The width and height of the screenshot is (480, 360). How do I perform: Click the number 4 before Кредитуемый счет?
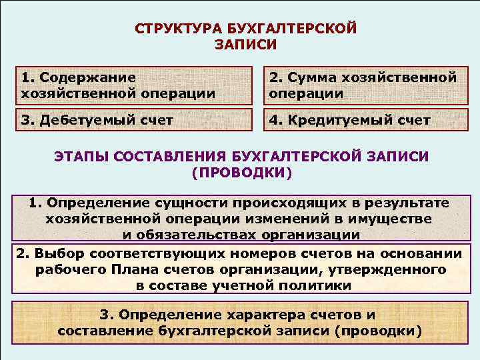(274, 121)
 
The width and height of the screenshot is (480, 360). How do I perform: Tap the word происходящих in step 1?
(286, 203)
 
